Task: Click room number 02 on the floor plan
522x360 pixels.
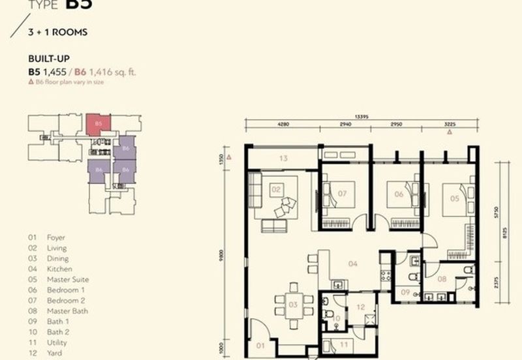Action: (x=275, y=190)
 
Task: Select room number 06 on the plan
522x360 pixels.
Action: (x=399, y=194)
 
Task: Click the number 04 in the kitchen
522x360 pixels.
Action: (x=352, y=264)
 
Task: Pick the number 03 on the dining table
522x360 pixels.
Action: (x=293, y=305)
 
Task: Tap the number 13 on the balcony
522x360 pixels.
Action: (x=283, y=158)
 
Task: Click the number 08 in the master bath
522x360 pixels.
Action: (x=442, y=278)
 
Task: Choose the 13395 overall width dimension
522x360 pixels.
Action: (x=363, y=117)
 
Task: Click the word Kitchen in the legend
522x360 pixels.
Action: (x=59, y=269)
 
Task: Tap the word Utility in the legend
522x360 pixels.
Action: (x=57, y=342)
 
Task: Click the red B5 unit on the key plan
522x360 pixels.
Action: (x=99, y=123)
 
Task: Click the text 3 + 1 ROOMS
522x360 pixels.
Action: (x=58, y=31)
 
